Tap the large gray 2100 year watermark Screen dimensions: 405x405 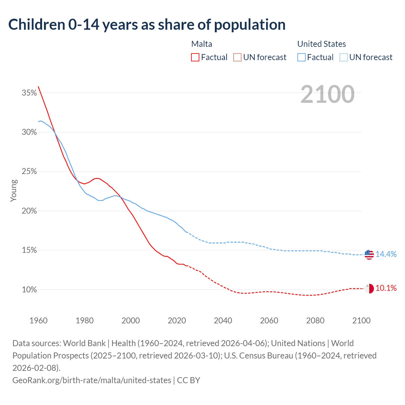327,94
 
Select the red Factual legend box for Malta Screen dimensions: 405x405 195,57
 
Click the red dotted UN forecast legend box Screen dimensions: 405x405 237,57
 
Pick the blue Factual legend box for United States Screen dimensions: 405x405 302,57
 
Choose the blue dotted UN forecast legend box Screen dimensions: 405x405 343,57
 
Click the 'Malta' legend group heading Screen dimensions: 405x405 202,44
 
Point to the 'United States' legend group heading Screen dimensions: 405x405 321,44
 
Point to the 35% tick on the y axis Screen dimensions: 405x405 29,93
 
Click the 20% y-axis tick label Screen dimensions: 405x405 29,211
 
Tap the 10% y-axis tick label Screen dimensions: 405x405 29,290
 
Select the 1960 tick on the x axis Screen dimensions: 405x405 39,321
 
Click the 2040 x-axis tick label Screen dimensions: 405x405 223,321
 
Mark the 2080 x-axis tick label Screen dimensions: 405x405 315,321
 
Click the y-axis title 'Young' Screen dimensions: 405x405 14,190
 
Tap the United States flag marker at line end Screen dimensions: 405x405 369,254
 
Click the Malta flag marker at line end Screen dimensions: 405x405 369,289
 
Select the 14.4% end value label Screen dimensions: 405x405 386,254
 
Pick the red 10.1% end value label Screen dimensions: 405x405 386,288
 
